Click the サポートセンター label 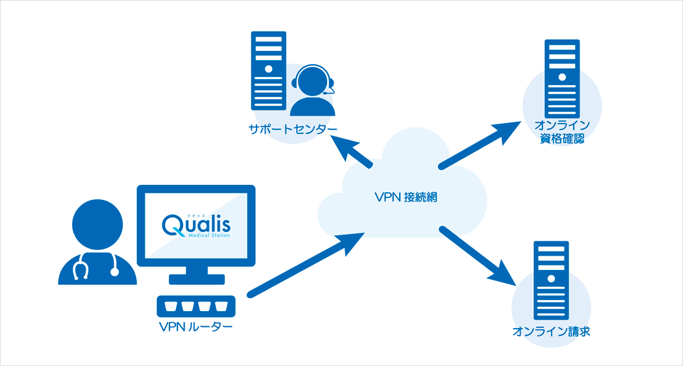(292, 129)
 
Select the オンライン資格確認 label (562, 132)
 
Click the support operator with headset (312, 90)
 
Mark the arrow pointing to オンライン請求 (478, 256)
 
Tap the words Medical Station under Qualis (209, 236)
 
